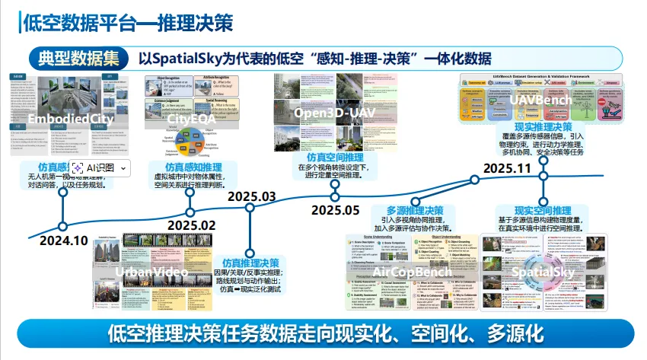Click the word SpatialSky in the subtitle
tap(193, 59)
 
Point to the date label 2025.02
tap(192, 225)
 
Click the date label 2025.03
tap(251, 196)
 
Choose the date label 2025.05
tap(335, 209)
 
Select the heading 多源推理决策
tap(415, 211)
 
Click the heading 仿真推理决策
tap(255, 263)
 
